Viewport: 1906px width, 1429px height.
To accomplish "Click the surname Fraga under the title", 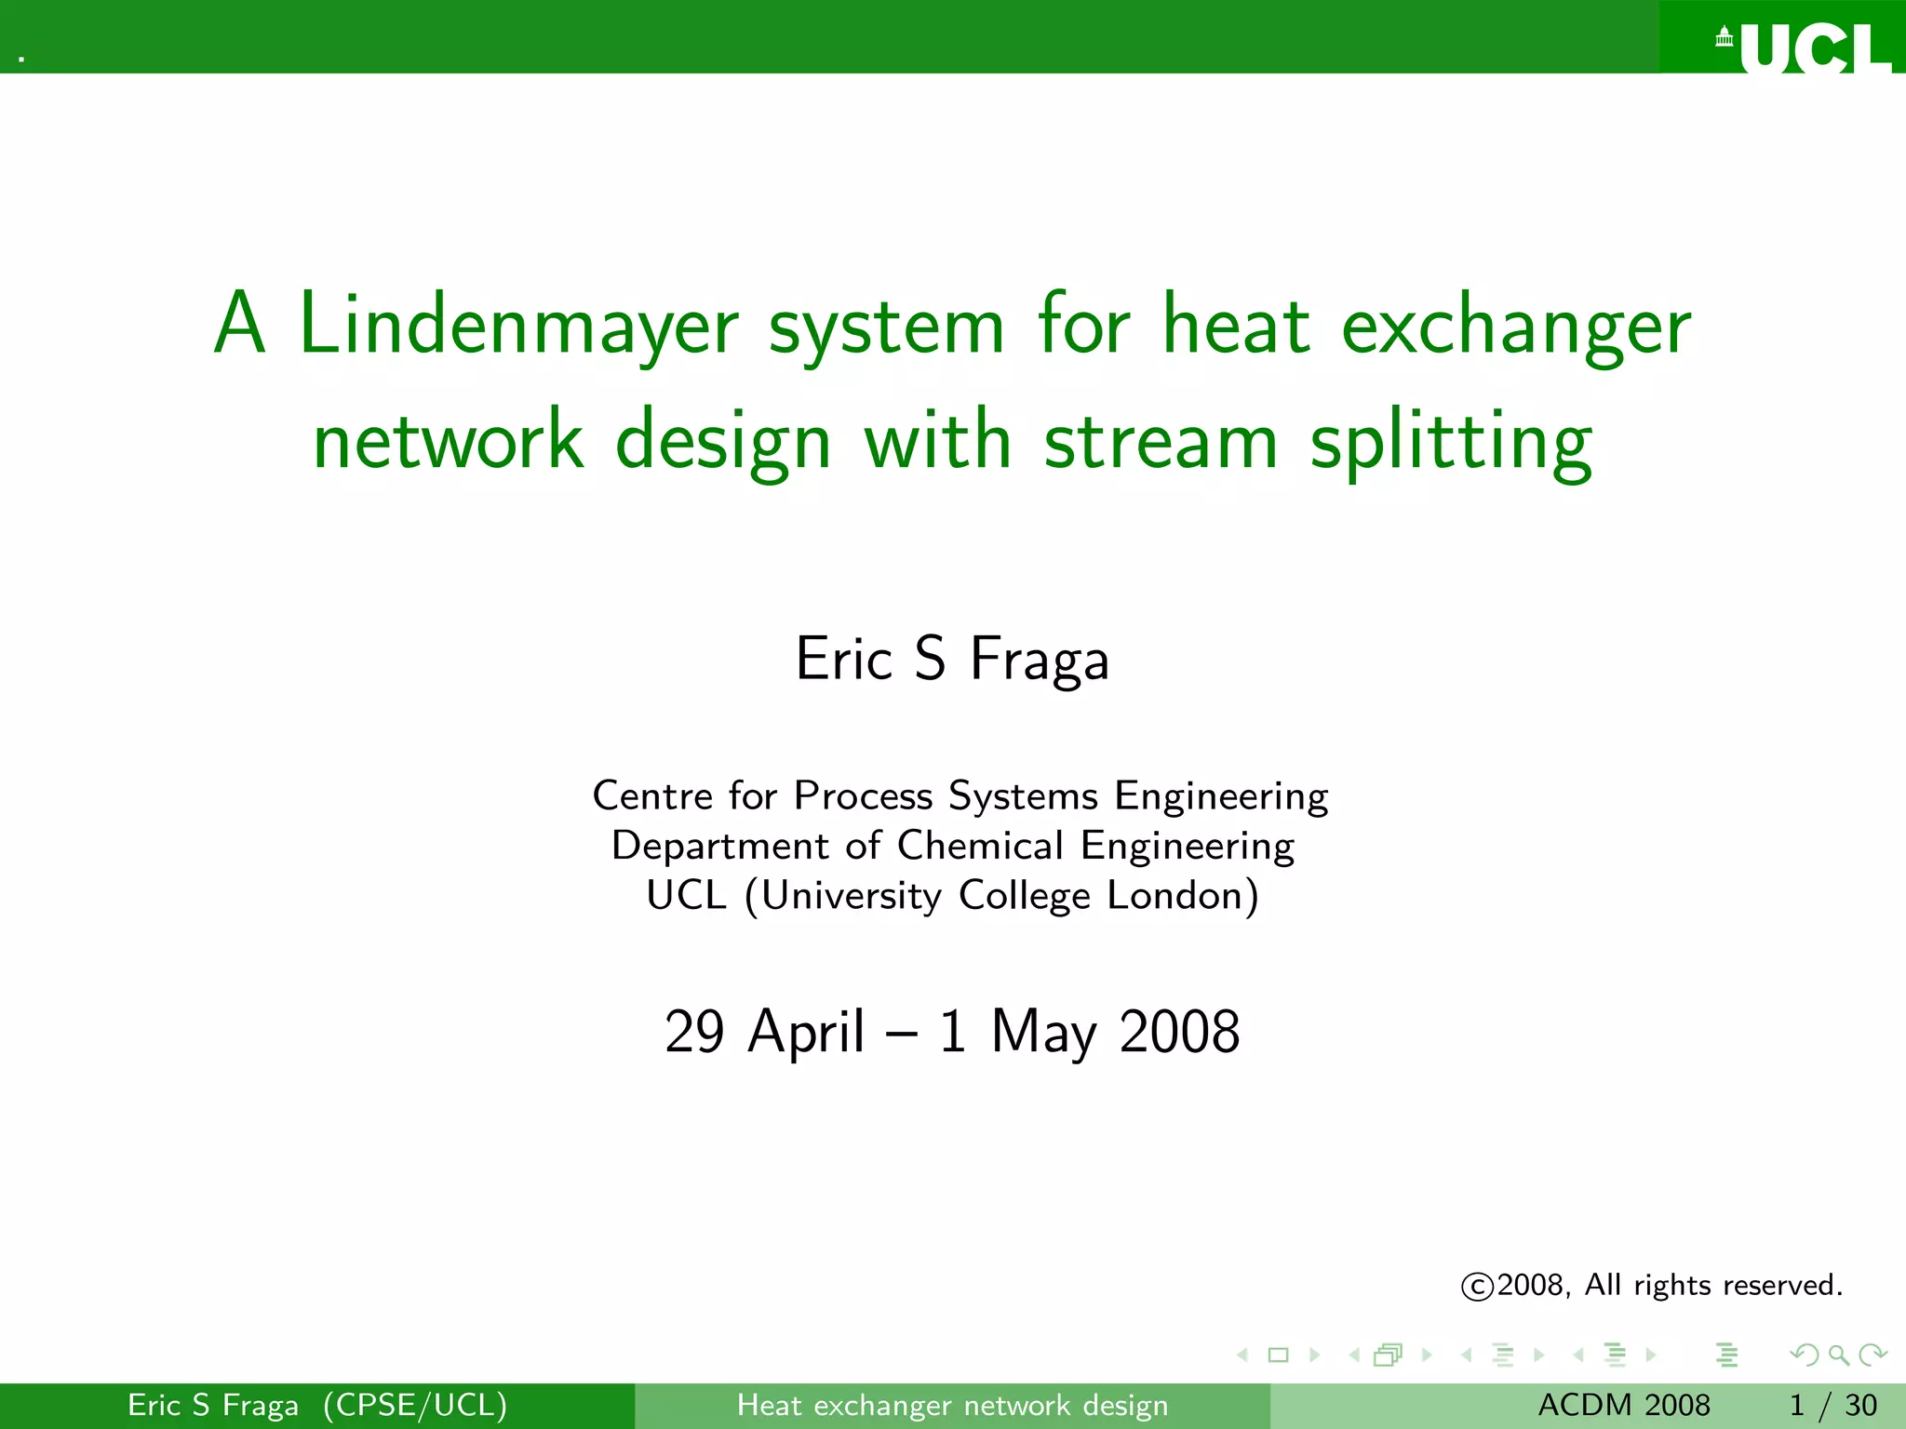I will pyautogui.click(x=1039, y=660).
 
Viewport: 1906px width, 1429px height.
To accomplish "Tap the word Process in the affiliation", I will pyautogui.click(x=863, y=796).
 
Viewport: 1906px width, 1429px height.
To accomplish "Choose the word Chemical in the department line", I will pyautogui.click(x=979, y=846).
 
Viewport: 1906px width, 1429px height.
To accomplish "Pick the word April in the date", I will pyautogui.click(x=807, y=1032).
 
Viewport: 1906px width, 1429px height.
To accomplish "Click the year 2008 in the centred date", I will pyautogui.click(x=1179, y=1032).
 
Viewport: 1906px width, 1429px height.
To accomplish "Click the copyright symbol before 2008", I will pyautogui.click(x=1477, y=1287).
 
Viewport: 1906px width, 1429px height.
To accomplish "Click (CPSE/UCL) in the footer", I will pyautogui.click(x=415, y=1405).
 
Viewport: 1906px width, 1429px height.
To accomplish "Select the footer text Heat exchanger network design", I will pyautogui.click(x=952, y=1405).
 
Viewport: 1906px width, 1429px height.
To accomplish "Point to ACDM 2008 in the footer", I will pyautogui.click(x=1624, y=1405).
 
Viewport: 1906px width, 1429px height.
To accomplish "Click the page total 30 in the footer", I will pyautogui.click(x=1861, y=1405).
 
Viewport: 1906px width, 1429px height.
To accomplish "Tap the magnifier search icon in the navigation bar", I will pyautogui.click(x=1838, y=1356).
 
